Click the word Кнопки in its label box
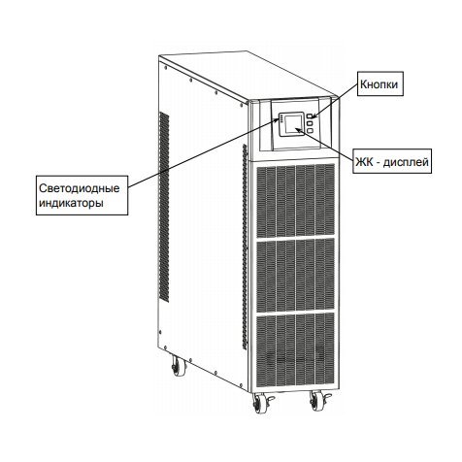click(x=379, y=84)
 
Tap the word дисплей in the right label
click(x=406, y=162)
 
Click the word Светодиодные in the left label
click(x=80, y=189)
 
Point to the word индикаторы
click(x=72, y=204)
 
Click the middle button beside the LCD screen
click(x=310, y=123)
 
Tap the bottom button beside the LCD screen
click(x=310, y=130)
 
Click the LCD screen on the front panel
click(x=292, y=124)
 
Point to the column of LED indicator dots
click(x=280, y=119)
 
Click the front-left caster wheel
click(x=259, y=404)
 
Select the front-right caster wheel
click(x=316, y=401)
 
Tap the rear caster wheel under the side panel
click(x=179, y=366)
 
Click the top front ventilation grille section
click(x=296, y=201)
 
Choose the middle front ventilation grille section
click(x=296, y=277)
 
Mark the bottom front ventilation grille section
click(x=295, y=351)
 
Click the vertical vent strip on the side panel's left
click(x=164, y=208)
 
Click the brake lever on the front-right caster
click(x=326, y=396)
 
